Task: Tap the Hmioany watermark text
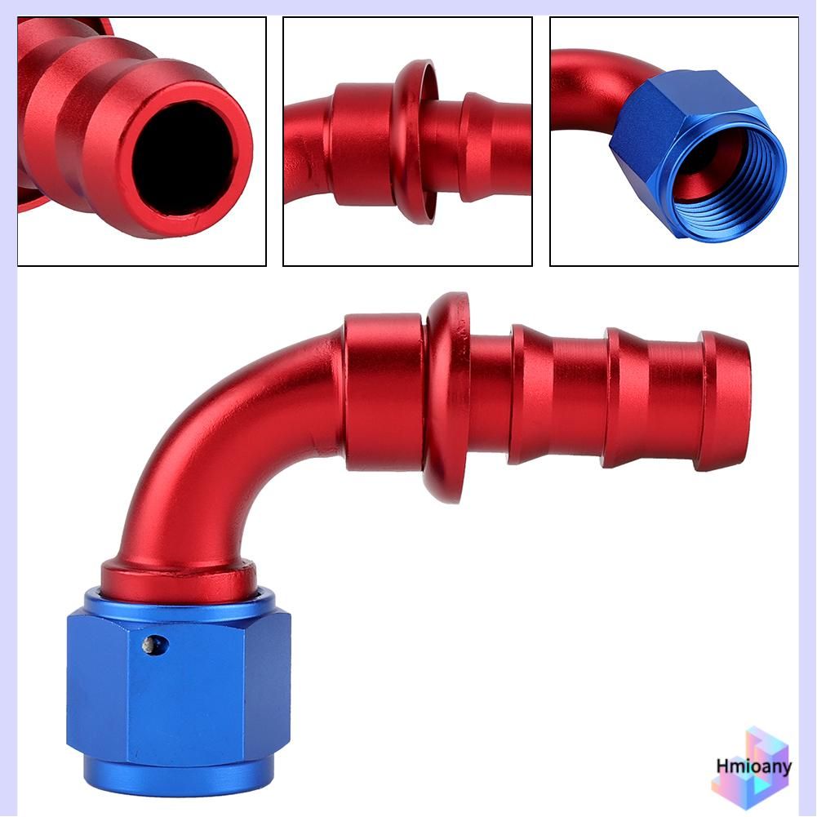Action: point(753,766)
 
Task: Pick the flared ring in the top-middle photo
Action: point(415,141)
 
